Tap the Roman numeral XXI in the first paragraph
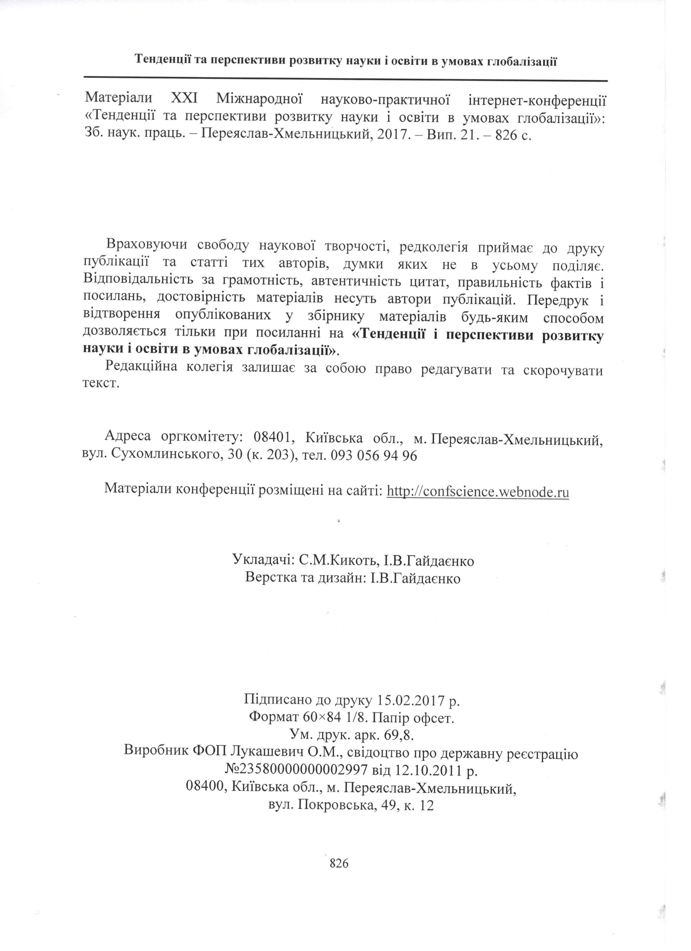(184, 99)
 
